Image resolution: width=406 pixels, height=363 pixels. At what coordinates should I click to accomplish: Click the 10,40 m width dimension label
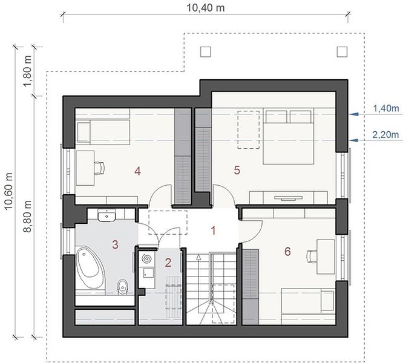206,8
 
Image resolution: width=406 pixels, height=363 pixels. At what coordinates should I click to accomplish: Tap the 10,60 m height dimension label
8,191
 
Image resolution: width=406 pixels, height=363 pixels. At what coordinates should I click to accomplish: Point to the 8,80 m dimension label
28,217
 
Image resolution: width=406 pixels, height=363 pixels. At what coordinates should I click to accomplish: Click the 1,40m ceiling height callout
386,108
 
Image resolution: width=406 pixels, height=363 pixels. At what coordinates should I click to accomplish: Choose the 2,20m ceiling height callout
385,135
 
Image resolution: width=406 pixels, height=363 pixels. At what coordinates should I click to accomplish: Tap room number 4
137,171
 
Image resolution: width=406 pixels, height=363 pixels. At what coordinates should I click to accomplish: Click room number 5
237,170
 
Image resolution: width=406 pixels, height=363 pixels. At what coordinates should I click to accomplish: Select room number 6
287,252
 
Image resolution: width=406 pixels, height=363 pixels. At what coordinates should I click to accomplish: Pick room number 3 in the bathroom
115,244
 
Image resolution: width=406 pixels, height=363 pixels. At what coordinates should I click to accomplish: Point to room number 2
168,263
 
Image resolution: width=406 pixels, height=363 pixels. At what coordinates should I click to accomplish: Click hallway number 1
214,231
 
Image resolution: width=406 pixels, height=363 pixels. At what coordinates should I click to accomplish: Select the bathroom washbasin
106,215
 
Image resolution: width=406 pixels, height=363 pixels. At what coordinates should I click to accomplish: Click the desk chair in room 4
99,168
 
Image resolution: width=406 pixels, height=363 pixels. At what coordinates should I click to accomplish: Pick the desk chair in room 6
312,257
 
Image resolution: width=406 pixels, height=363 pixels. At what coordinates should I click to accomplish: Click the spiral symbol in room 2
146,258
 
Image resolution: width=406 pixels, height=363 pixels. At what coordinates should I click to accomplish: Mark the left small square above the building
205,52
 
